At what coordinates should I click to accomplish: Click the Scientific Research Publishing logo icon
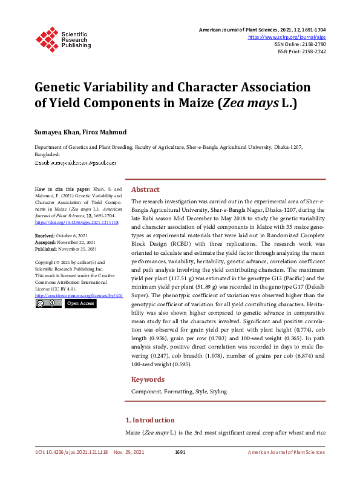(46, 38)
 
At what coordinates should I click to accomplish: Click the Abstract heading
(145, 189)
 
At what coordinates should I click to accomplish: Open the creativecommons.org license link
(79, 295)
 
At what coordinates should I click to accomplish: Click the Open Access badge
(80, 303)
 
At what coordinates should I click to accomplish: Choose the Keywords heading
(148, 379)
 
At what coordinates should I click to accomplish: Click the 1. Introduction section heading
(149, 419)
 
